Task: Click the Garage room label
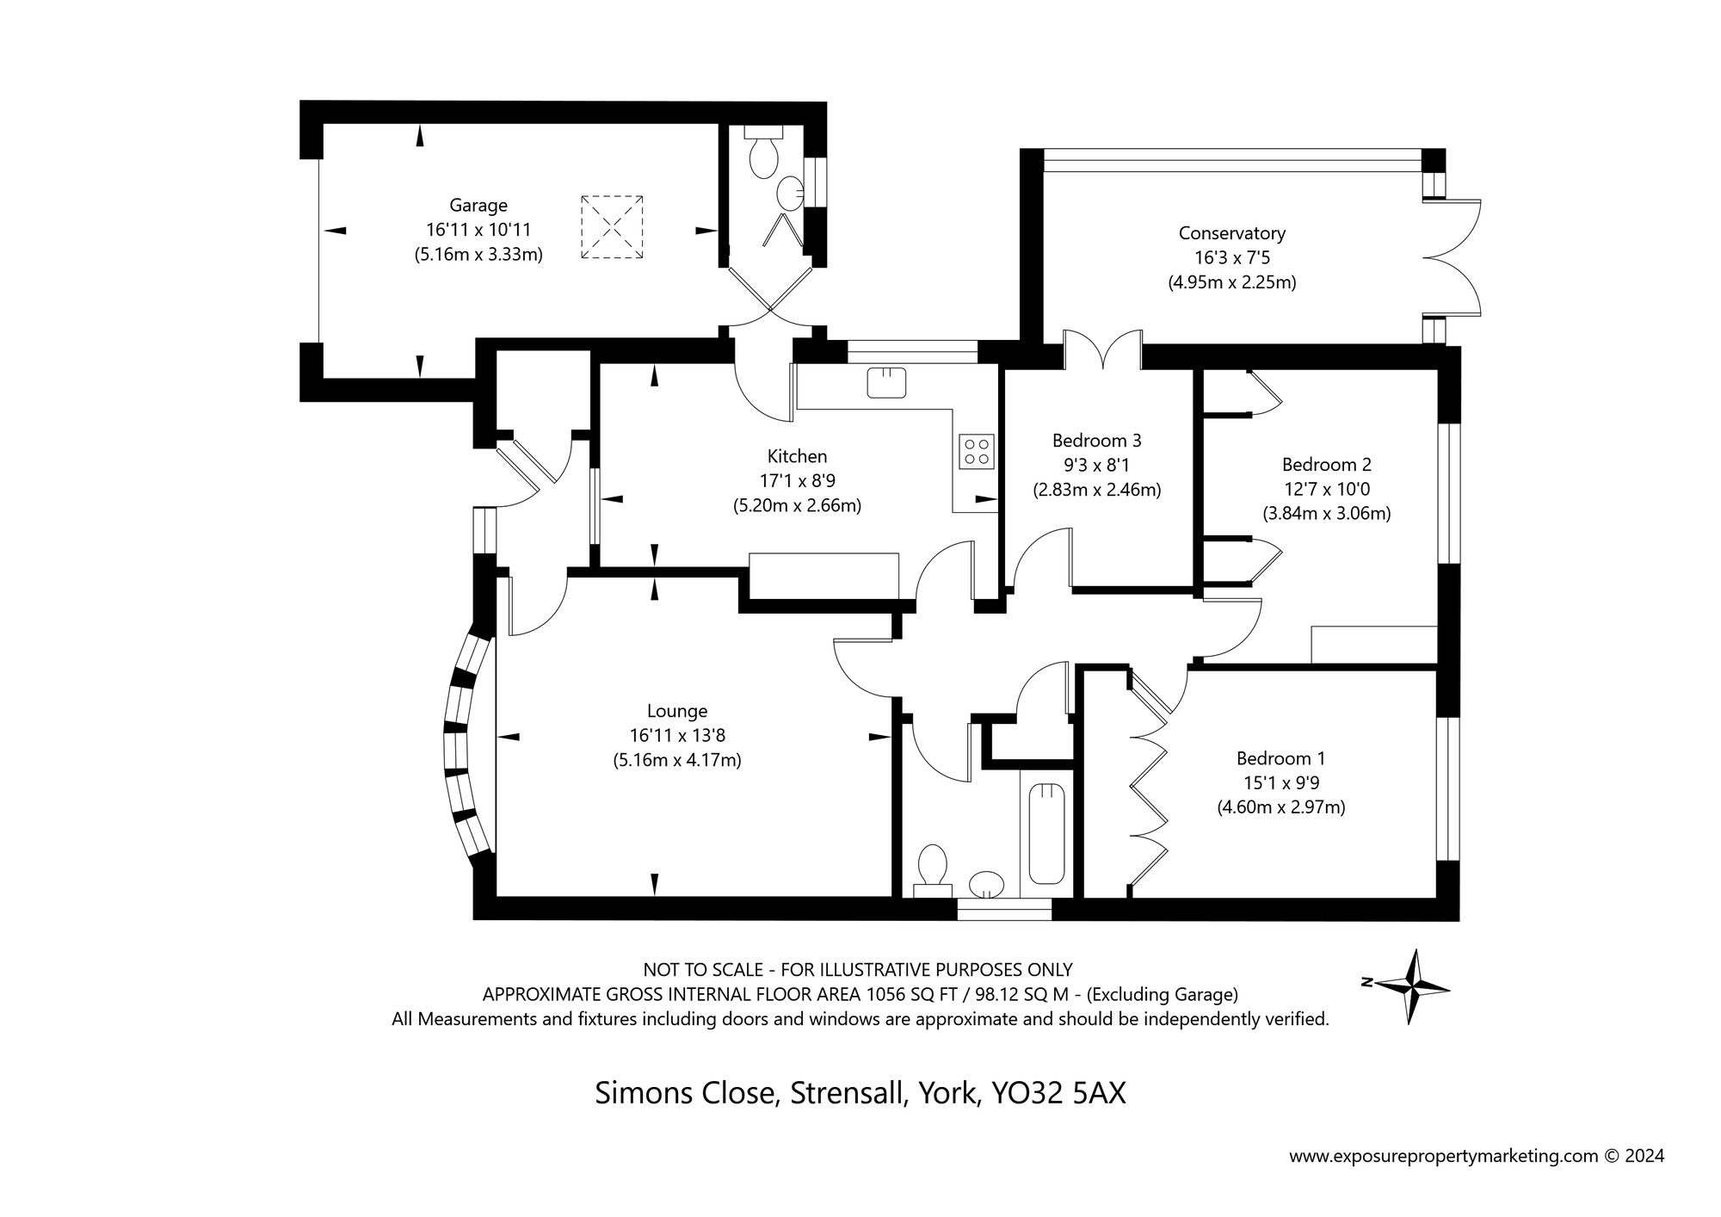[x=478, y=206]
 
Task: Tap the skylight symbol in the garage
[x=612, y=226]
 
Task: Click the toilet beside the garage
[x=763, y=158]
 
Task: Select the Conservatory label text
[x=1231, y=233]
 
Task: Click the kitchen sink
[x=886, y=382]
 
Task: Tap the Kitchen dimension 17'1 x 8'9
[x=797, y=481]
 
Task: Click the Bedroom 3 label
[x=1096, y=441]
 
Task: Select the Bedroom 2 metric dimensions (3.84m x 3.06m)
[x=1326, y=514]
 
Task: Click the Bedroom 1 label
[x=1280, y=758]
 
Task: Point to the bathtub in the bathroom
[x=1046, y=833]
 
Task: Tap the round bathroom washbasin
[x=987, y=884]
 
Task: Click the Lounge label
[x=677, y=711]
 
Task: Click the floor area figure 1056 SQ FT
[x=914, y=995]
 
